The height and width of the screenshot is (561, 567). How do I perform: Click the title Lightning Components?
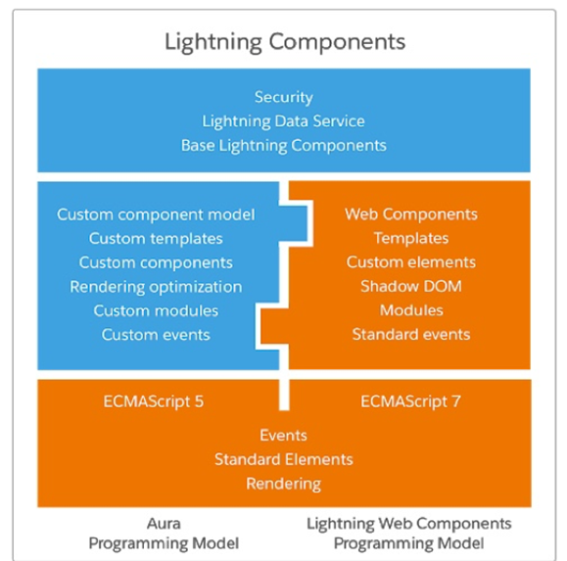(x=285, y=42)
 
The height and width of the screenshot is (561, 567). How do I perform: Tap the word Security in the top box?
(x=284, y=97)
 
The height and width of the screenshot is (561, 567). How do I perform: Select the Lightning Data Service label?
(x=283, y=121)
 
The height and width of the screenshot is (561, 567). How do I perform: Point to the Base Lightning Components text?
(x=284, y=146)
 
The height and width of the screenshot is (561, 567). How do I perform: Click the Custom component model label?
(x=156, y=214)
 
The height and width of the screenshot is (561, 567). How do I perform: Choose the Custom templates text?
(x=156, y=239)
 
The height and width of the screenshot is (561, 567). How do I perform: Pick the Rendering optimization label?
(x=156, y=287)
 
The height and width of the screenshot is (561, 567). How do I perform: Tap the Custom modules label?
(x=156, y=311)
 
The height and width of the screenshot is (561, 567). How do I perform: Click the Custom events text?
(x=156, y=335)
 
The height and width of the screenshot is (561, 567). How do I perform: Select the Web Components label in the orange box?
(x=411, y=214)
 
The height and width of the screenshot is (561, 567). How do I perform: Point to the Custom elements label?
(x=411, y=262)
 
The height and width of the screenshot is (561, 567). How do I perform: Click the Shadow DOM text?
(x=411, y=286)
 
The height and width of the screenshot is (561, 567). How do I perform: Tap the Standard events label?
(x=411, y=335)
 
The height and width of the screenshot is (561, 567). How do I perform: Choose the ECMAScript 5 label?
(x=154, y=401)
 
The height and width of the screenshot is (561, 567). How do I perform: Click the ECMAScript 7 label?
(x=410, y=401)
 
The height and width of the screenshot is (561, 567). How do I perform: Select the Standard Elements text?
(x=284, y=459)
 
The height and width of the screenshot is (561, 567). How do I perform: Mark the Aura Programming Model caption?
(x=164, y=534)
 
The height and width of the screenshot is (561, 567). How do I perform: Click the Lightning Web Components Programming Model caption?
(x=409, y=534)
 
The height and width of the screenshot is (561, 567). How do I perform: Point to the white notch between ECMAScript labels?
(x=284, y=395)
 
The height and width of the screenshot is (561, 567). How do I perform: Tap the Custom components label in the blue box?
(x=156, y=262)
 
